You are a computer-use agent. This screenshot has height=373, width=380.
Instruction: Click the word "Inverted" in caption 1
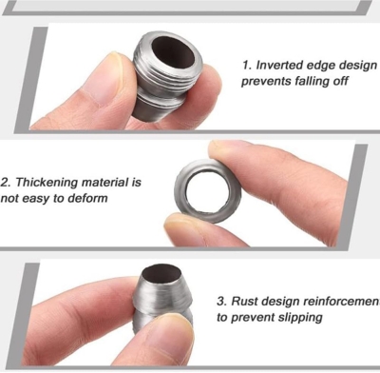(x=278, y=65)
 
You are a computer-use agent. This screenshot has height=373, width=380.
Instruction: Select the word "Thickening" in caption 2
(x=47, y=183)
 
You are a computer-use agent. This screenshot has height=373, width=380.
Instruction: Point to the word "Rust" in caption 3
(x=245, y=301)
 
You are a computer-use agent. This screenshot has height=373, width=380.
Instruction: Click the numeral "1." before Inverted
(x=247, y=65)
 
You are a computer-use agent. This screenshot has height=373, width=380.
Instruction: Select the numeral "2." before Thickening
(x=7, y=183)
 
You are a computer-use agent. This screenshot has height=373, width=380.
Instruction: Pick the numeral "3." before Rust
(x=222, y=302)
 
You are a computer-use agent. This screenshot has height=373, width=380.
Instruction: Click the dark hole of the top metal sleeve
(x=173, y=50)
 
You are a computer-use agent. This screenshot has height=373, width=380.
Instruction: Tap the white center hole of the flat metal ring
(x=207, y=192)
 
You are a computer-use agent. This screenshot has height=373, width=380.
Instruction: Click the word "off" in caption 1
(x=340, y=81)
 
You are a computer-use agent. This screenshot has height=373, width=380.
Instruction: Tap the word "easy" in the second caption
(x=36, y=199)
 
